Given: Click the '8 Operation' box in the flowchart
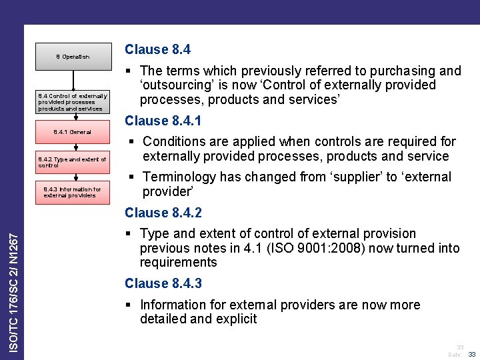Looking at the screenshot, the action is click(73, 57).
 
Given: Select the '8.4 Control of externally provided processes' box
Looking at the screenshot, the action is click(73, 102).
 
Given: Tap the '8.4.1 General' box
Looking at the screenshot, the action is click(73, 132).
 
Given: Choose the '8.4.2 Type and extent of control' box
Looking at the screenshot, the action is click(73, 162).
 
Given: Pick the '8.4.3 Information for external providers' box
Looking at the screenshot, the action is click(73, 192).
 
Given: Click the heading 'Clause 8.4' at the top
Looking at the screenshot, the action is click(157, 49).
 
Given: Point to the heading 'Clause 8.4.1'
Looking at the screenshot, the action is click(163, 121).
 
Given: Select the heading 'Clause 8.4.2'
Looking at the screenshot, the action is click(163, 213).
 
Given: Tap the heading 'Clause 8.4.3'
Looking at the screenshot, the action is click(163, 283).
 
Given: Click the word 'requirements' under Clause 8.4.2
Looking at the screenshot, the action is click(179, 262).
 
